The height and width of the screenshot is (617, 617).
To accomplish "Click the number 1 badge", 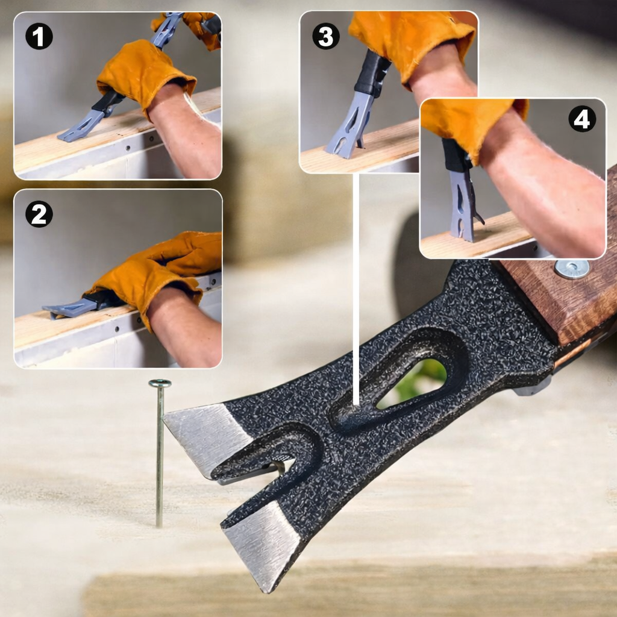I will (39, 37).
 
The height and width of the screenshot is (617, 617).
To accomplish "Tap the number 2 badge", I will (39, 214).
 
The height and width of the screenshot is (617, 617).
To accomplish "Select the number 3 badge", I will (325, 37).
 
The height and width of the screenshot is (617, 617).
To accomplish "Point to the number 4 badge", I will (581, 120).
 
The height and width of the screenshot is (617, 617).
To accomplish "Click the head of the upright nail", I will (160, 383).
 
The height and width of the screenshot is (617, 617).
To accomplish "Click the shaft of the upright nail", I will (159, 458).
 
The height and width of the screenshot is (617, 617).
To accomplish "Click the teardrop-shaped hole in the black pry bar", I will (416, 380).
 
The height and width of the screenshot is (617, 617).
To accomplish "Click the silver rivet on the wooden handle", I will (572, 268).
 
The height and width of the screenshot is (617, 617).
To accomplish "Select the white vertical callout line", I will (356, 289).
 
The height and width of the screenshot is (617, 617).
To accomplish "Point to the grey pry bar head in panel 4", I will (463, 205).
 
